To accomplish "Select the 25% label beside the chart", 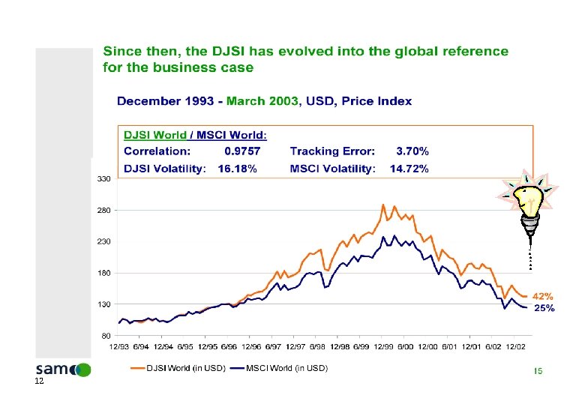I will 544,308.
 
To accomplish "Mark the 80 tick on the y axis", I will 105,336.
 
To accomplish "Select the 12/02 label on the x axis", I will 515,346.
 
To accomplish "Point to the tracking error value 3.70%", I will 412,151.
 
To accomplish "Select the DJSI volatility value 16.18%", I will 237,169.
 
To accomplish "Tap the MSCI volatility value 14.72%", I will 409,169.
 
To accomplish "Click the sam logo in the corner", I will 63,370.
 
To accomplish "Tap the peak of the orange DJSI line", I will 383,204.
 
